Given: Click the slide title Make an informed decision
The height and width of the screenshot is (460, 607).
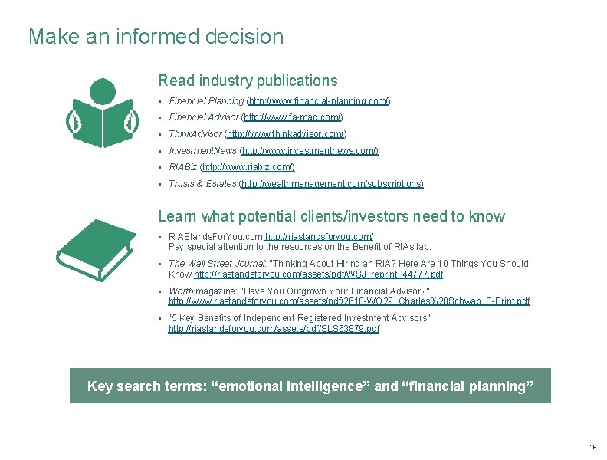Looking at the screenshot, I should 156,37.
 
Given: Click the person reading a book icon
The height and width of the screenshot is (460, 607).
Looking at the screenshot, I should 102,113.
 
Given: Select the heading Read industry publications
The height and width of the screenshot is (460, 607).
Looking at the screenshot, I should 248,80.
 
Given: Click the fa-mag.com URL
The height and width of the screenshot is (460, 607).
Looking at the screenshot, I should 292,117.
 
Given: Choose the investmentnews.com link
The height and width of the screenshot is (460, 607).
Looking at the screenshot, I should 310,151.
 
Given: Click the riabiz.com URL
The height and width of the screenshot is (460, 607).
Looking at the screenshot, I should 248,167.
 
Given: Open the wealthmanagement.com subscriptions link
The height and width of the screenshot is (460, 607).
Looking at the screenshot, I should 332,184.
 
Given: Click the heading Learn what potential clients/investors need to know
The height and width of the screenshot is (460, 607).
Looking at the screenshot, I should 331,216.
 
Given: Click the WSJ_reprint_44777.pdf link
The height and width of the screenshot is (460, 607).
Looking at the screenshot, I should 319,274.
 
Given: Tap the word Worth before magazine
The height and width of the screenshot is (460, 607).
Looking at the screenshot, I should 181,291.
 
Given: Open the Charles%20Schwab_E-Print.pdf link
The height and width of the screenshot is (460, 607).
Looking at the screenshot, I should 349,301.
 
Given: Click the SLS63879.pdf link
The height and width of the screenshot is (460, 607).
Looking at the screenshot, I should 274,329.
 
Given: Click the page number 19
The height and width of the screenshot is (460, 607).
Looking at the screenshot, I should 593,447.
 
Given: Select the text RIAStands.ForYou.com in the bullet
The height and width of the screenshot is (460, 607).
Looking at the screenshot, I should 215,237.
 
